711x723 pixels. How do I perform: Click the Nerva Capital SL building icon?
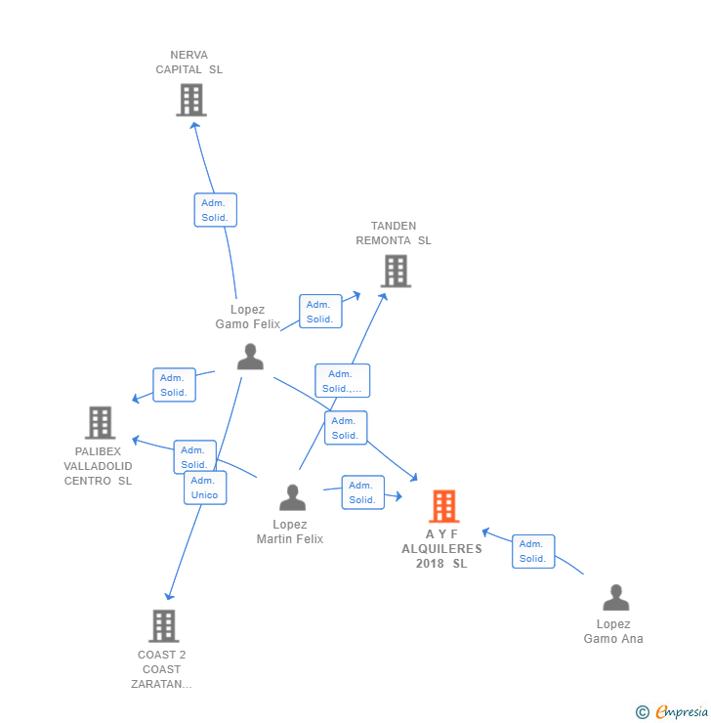tap(191, 100)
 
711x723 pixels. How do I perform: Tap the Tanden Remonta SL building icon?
tap(395, 271)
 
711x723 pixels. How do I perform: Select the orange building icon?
tap(443, 506)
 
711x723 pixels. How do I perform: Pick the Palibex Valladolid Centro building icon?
tap(100, 422)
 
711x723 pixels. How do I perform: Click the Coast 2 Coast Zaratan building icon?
tap(163, 625)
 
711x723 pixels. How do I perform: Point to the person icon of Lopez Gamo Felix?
tap(250, 357)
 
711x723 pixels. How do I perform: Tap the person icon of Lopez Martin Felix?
tap(292, 497)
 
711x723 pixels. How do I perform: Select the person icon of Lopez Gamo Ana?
tap(615, 597)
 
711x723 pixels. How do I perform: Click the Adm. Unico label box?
tap(204, 488)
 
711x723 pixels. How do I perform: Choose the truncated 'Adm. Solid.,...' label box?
tap(342, 381)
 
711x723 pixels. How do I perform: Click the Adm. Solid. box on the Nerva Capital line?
tap(215, 210)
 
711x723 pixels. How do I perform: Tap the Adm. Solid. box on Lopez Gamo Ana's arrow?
tap(532, 551)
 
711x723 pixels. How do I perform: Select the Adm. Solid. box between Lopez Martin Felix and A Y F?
tap(362, 492)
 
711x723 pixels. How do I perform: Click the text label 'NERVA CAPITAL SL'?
tap(189, 63)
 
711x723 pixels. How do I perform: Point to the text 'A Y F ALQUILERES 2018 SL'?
tap(441, 549)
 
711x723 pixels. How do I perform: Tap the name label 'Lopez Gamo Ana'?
tap(613, 631)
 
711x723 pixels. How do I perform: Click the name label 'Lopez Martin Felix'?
tap(290, 532)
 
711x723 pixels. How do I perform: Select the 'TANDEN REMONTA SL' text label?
tap(394, 234)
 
